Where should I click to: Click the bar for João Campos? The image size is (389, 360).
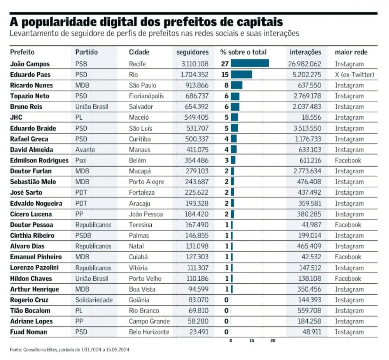click(250, 64)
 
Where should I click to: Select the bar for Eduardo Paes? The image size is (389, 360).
click(241, 75)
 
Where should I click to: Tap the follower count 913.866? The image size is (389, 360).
click(195, 86)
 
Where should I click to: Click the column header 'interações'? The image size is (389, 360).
click(305, 52)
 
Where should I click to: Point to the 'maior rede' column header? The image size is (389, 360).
click(351, 52)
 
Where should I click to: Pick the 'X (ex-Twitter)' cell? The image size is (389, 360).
click(354, 75)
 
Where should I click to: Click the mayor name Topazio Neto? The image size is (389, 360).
click(30, 96)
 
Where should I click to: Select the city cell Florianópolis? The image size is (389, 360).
click(146, 96)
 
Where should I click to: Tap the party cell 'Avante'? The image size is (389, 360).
click(85, 150)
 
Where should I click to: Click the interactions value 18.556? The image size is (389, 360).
click(310, 117)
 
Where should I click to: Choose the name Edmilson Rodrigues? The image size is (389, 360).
click(39, 161)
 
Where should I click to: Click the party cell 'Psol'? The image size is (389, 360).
click(82, 161)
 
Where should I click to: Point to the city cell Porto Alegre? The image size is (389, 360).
click(147, 182)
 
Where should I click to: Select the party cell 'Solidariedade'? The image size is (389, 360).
click(94, 300)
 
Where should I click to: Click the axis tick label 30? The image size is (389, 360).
click(273, 341)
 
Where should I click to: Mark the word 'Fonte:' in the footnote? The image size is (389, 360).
click(16, 350)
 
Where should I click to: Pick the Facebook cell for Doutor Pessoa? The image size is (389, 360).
click(348, 225)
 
